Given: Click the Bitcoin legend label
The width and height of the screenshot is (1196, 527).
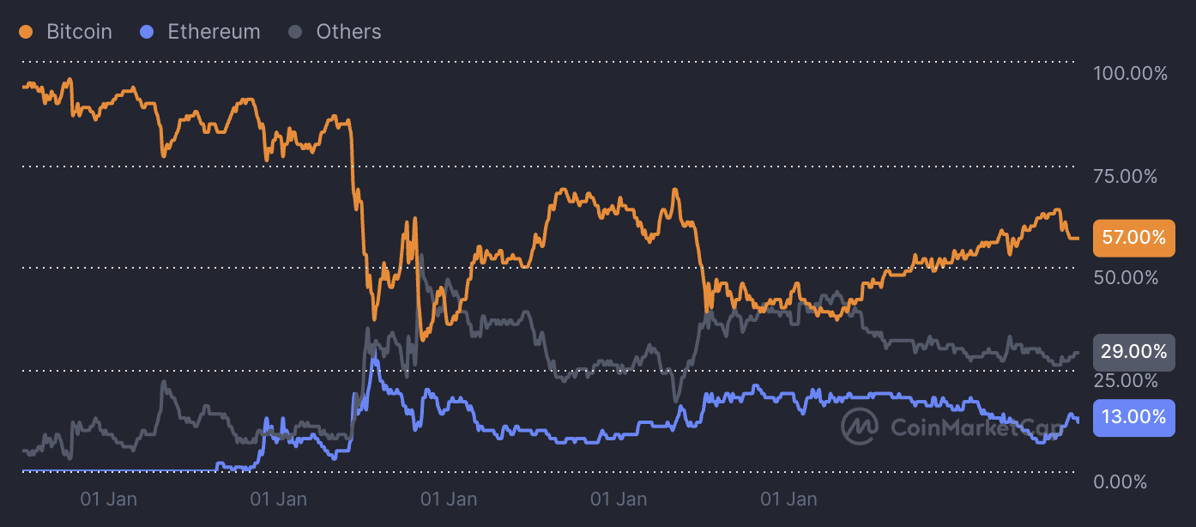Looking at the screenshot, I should [79, 32].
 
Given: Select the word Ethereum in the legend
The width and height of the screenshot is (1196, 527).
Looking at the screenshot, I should [214, 32].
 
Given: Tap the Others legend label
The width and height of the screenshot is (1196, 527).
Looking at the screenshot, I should [348, 32].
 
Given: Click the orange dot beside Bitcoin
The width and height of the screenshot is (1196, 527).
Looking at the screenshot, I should [26, 33].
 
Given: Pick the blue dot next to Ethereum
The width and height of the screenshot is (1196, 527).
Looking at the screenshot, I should [147, 33].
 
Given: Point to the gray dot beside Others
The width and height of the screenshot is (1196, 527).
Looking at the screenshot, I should [295, 33].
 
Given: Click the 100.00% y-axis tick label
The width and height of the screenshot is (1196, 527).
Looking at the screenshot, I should [1130, 74].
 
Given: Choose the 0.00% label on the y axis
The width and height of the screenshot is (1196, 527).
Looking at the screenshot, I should [1120, 482].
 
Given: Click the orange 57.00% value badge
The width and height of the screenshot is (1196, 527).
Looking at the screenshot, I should [1133, 238].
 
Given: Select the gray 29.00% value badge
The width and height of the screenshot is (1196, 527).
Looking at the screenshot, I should [1133, 352].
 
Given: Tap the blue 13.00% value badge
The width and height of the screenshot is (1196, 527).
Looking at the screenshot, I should [1133, 418].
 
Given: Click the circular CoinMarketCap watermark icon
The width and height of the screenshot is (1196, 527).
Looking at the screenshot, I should [859, 425].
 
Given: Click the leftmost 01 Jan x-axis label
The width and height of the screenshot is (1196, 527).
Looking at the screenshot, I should [108, 499].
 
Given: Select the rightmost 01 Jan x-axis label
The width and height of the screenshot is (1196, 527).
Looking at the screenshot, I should [789, 499].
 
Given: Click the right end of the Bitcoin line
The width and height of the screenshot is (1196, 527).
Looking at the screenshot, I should [1078, 238].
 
